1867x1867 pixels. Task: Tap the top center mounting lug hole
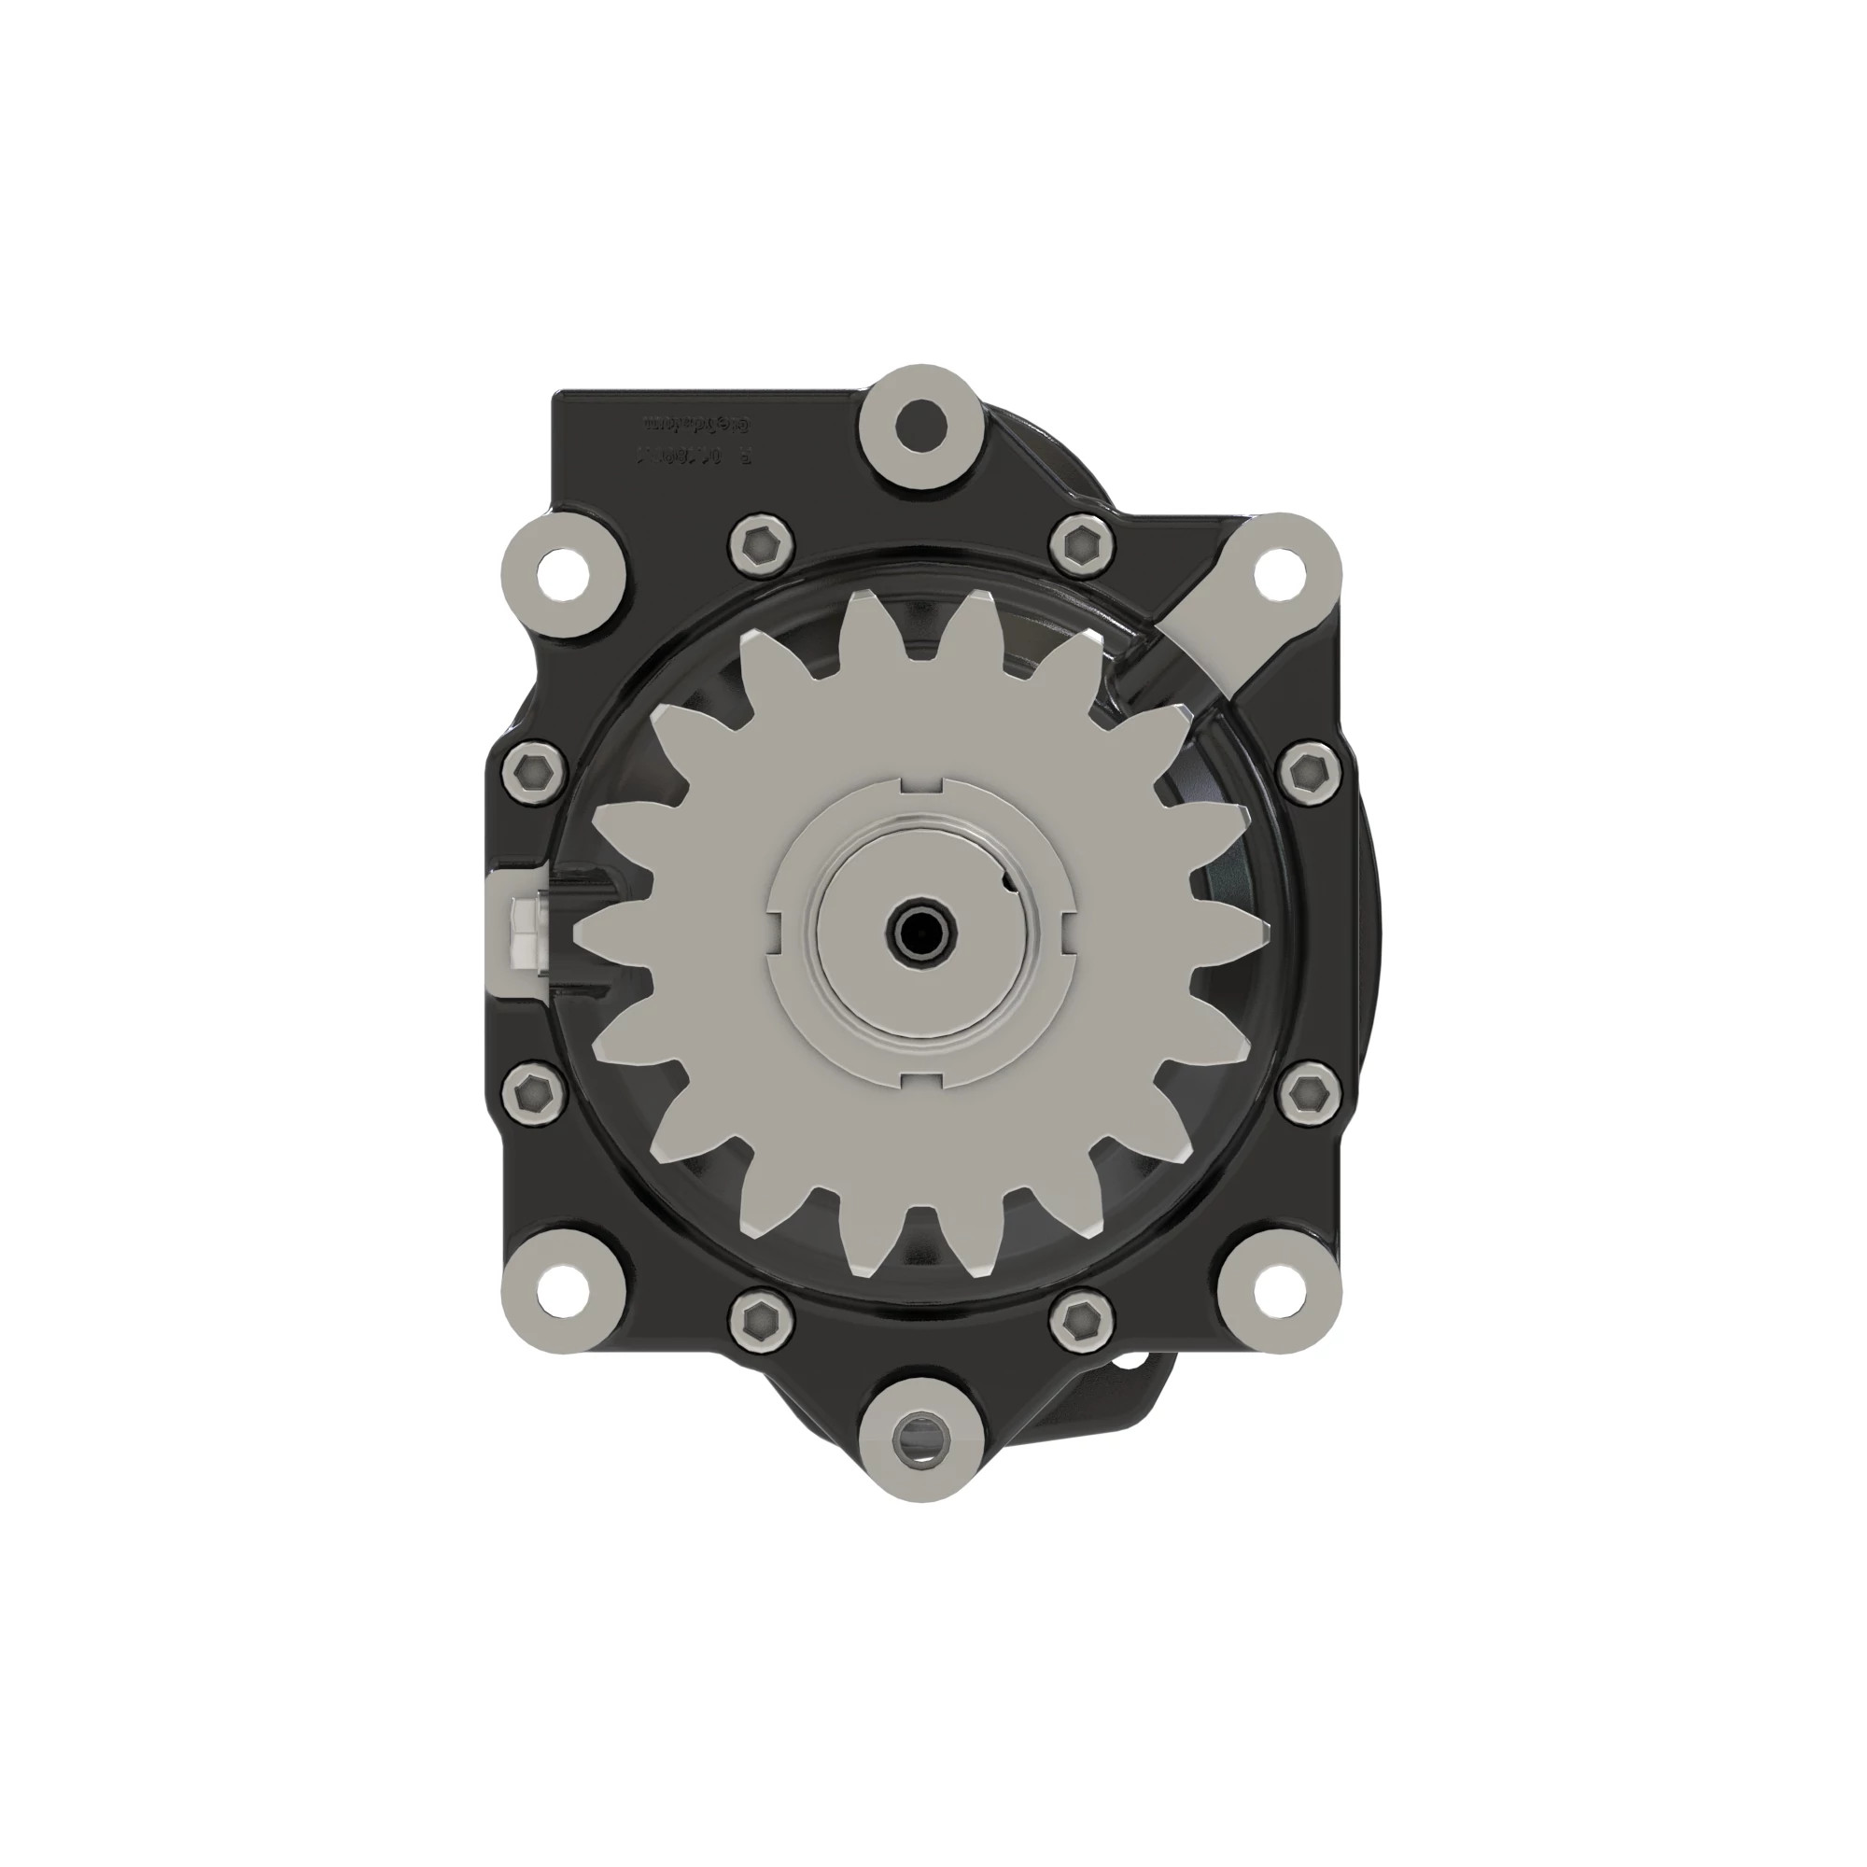point(920,421)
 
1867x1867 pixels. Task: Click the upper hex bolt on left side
point(533,772)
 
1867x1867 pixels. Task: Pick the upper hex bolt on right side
point(1312,772)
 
